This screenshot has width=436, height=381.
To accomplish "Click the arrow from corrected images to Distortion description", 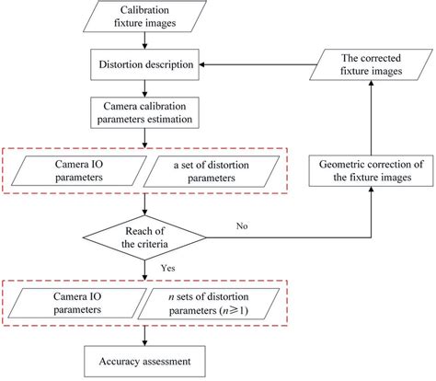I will (x=258, y=64).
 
